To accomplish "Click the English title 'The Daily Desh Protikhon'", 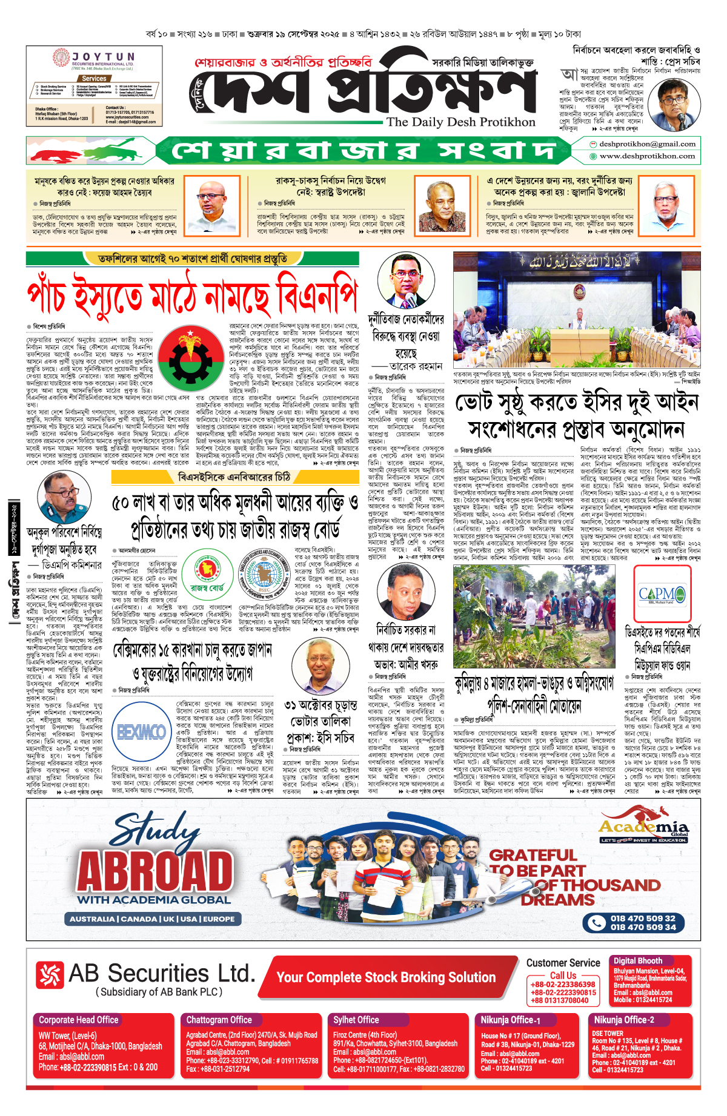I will click(461, 122).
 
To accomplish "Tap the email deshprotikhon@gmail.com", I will click(646, 144).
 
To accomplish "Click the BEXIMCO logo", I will click(141, 732).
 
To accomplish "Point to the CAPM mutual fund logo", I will click(662, 594).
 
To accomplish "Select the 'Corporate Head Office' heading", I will click(79, 1020).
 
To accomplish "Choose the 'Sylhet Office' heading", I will click(356, 1020).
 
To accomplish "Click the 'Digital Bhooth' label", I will click(638, 960).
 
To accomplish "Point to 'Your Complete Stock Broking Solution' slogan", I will click(387, 977).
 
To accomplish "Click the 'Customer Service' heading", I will click(563, 963).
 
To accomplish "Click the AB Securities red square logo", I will click(50, 975).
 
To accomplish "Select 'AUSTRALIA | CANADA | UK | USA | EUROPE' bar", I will click(152, 919).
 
